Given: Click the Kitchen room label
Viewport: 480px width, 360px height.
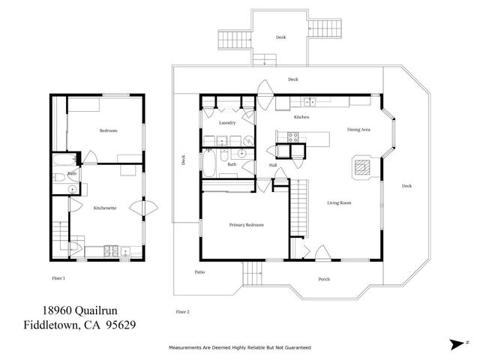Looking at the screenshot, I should [301, 118].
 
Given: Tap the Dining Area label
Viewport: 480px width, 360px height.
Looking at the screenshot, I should [358, 130].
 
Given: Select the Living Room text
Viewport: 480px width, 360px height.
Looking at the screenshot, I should [340, 202].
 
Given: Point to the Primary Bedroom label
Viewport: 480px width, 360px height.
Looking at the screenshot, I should [246, 224].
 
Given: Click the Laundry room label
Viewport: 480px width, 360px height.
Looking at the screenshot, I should [227, 122].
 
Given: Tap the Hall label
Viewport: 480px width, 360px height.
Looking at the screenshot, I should [273, 164].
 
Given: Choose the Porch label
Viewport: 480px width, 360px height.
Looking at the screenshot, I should [324, 279].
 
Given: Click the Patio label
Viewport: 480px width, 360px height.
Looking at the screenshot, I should [199, 271].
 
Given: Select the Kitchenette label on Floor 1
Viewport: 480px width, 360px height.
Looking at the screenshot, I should [104, 207].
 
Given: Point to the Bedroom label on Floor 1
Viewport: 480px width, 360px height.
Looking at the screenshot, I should [108, 130].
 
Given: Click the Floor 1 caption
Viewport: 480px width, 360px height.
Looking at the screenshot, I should [58, 278].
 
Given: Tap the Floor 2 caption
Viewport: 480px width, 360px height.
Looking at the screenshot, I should [183, 310].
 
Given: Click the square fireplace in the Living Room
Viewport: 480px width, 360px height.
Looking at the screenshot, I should [361, 166].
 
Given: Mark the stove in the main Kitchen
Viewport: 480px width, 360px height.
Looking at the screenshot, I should [293, 136].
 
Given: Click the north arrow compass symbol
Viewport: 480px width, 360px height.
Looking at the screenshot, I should [457, 344].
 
